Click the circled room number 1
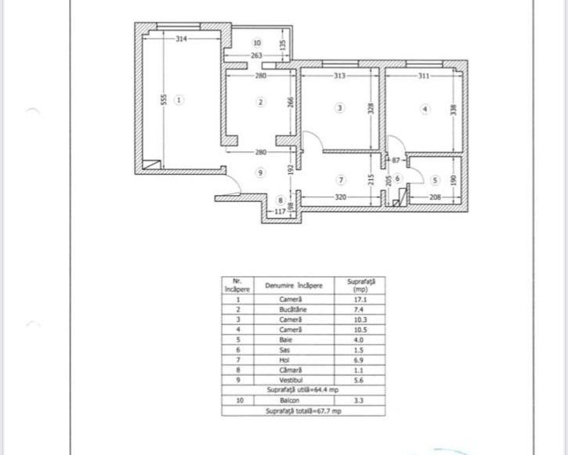(x=179, y=100)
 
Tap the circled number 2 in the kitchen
(x=262, y=101)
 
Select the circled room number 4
(x=425, y=110)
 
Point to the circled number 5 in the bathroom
(x=436, y=179)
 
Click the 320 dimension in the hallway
(x=340, y=198)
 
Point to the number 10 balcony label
(x=257, y=42)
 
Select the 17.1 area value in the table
(x=360, y=300)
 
